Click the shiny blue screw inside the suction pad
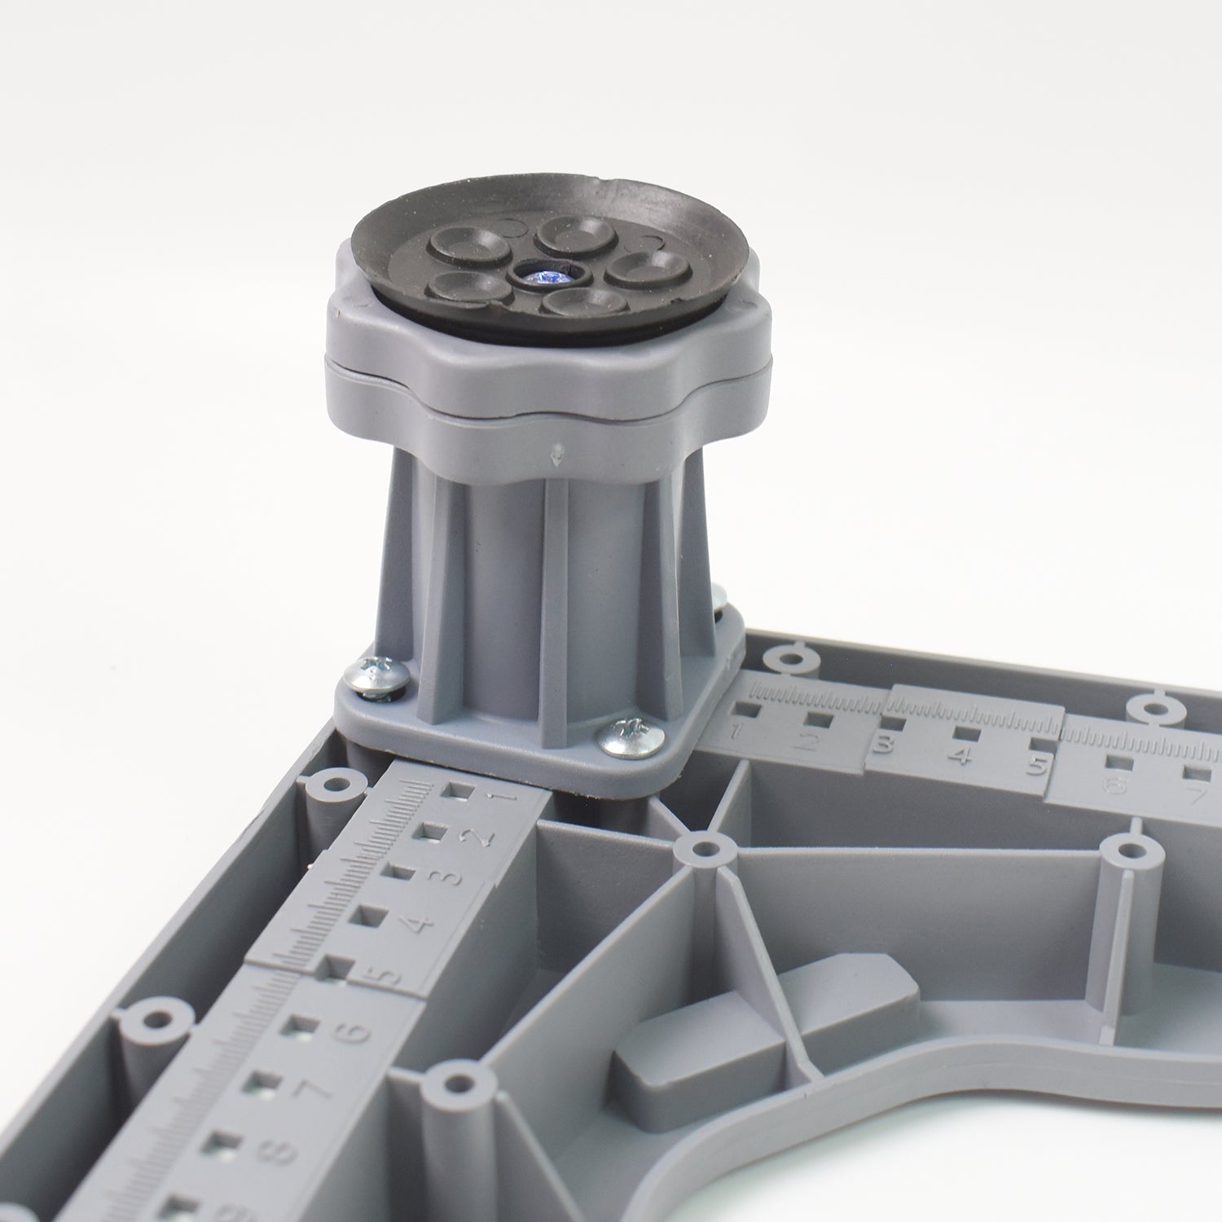point(543,276)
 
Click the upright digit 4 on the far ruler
point(961,755)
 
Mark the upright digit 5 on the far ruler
point(1036,766)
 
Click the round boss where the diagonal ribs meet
point(701,850)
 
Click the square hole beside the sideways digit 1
point(460,791)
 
